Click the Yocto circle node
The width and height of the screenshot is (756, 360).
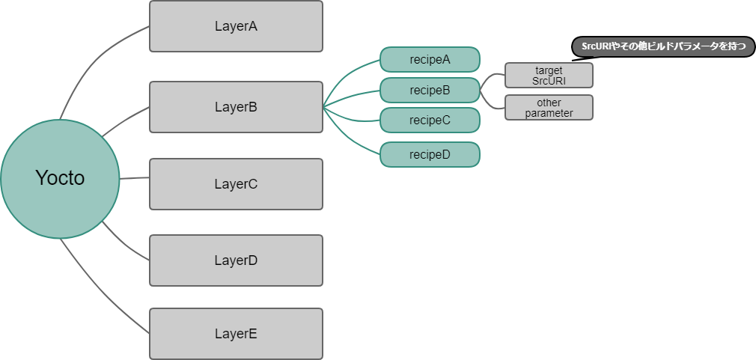(60, 178)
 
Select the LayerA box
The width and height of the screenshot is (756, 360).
(236, 26)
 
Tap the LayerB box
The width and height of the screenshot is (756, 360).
(236, 107)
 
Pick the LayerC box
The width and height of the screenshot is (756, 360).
(236, 183)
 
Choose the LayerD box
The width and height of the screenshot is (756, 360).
(236, 260)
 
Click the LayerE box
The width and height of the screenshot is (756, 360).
(236, 334)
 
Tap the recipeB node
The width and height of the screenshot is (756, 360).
(430, 91)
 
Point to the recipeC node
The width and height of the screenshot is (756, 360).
(430, 120)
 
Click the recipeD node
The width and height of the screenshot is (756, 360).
(430, 154)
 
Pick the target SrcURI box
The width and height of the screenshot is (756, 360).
(549, 75)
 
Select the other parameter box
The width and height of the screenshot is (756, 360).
(549, 107)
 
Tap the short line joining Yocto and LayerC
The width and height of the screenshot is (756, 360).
(134, 179)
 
